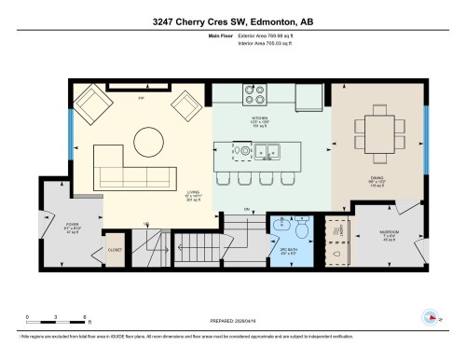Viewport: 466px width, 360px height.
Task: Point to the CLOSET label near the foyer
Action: click(115, 250)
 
